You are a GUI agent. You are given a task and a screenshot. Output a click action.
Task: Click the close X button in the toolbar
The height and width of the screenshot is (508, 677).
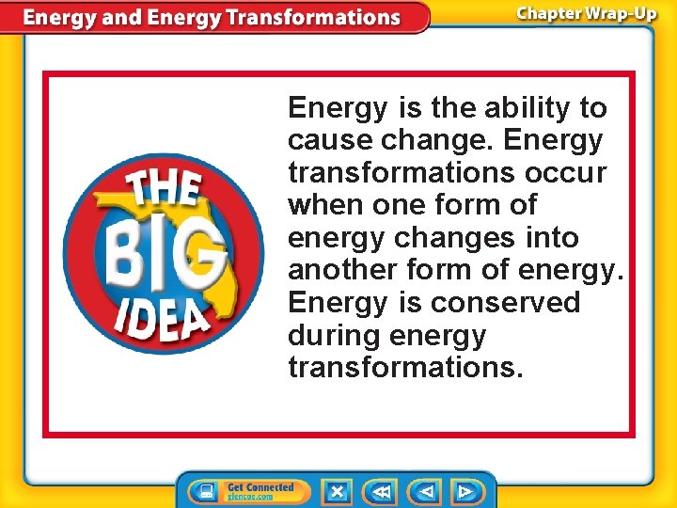pos(336,491)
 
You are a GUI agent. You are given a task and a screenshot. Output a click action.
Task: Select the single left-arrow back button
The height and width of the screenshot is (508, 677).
pos(426,491)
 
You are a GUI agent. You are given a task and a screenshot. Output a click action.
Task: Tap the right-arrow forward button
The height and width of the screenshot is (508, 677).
pos(464,491)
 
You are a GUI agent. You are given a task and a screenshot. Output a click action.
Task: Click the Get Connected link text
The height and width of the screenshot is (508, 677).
pos(260,486)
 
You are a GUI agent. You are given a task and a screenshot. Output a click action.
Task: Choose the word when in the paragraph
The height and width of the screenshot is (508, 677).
pos(323,205)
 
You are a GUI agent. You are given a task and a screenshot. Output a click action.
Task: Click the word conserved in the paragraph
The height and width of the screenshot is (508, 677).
pos(506,303)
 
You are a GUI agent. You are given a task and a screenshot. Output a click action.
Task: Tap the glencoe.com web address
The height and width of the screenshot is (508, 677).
pos(250,497)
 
